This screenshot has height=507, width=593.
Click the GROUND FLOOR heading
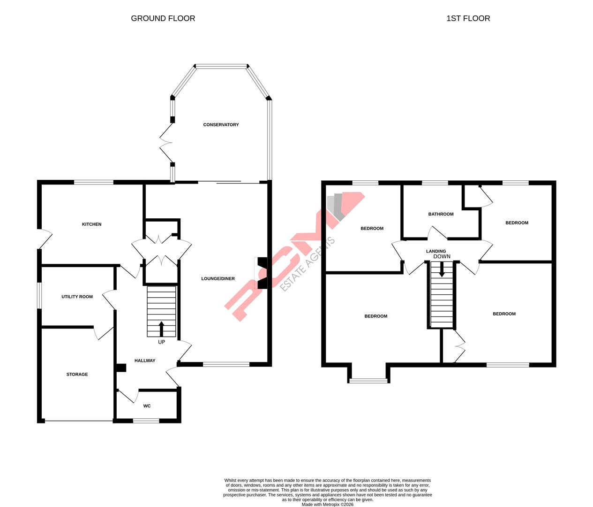pos(163,18)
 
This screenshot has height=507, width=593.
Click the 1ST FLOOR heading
pos(468,18)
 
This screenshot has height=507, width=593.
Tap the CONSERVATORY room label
pos(221,125)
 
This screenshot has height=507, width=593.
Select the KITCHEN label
pos(91,224)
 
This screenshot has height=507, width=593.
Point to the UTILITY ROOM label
pos(77,297)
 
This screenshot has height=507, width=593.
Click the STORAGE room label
pos(77,375)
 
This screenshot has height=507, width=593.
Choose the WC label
pos(147,406)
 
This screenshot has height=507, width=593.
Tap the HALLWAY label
pos(145,361)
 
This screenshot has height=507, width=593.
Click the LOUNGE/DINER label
pos(218,279)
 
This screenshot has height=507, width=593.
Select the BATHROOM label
pos(441,214)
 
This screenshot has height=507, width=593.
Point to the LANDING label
pos(436,251)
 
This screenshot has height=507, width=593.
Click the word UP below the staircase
pos(161,342)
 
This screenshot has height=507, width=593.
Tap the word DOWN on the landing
pos(442,257)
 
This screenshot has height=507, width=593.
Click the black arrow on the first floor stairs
pos(442,269)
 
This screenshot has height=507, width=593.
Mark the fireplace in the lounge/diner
pos(262,273)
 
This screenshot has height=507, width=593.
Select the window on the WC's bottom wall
pos(146,421)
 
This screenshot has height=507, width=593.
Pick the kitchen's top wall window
pos(94,182)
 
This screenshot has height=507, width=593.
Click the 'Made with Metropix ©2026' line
pos(327,505)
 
